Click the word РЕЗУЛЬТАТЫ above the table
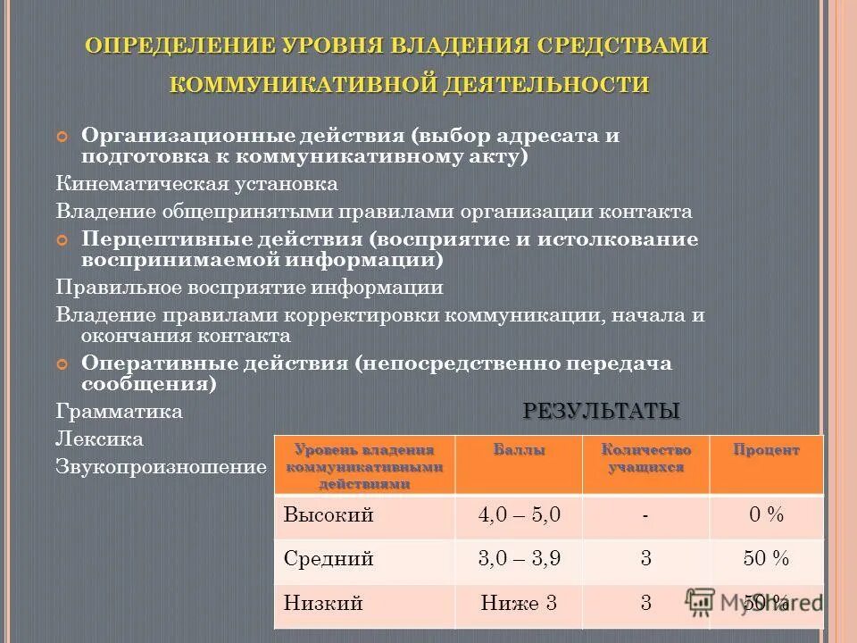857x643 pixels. click(601, 411)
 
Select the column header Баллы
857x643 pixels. click(519, 449)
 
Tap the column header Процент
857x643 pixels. click(766, 449)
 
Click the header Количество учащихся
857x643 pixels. click(645, 457)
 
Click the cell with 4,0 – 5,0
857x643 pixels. click(519, 515)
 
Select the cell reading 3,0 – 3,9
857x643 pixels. click(519, 559)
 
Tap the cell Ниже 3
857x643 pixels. click(519, 603)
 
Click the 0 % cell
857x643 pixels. click(766, 515)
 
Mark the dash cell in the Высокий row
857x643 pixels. click(645, 515)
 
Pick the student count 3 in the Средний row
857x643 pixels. click(645, 559)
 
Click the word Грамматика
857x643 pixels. click(119, 412)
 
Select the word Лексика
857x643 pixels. click(99, 439)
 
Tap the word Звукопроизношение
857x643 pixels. click(161, 466)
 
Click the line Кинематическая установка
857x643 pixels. click(196, 184)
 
